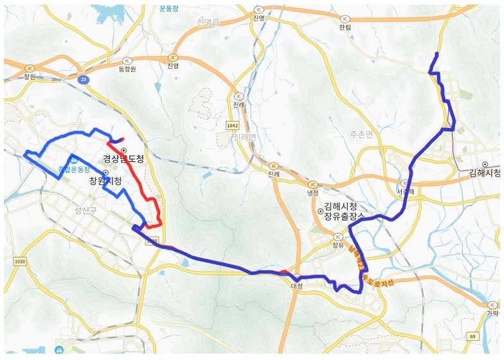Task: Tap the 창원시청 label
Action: tap(105, 182)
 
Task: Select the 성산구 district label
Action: tap(84, 210)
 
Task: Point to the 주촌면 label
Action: tap(361, 134)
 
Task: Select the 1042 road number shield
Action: tap(233, 125)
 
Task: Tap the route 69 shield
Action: tap(473, 336)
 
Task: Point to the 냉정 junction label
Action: tap(312, 192)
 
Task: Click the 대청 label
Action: tap(296, 285)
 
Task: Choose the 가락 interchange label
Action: tap(492, 313)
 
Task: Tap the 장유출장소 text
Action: tap(345, 217)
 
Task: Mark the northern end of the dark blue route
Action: tap(437, 53)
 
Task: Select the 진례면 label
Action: tap(244, 138)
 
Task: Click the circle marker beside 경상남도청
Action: tap(123, 150)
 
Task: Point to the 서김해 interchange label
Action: tap(405, 192)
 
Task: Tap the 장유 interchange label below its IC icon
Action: tap(338, 245)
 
